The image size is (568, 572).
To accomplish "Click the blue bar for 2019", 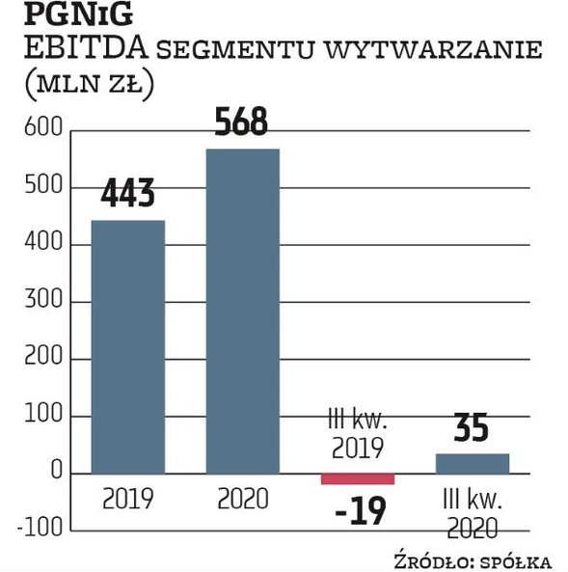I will [127, 346].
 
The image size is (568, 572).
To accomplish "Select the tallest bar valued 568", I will [242, 311].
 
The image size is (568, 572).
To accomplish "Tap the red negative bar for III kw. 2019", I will [357, 478].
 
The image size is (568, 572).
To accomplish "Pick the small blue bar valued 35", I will [472, 463].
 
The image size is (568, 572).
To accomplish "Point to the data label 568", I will [242, 123].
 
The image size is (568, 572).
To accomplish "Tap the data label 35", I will [472, 427].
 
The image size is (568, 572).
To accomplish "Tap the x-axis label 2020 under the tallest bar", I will [242, 500].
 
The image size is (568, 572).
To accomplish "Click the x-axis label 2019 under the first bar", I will [127, 500].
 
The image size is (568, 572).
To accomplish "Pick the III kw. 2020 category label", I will [472, 513].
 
